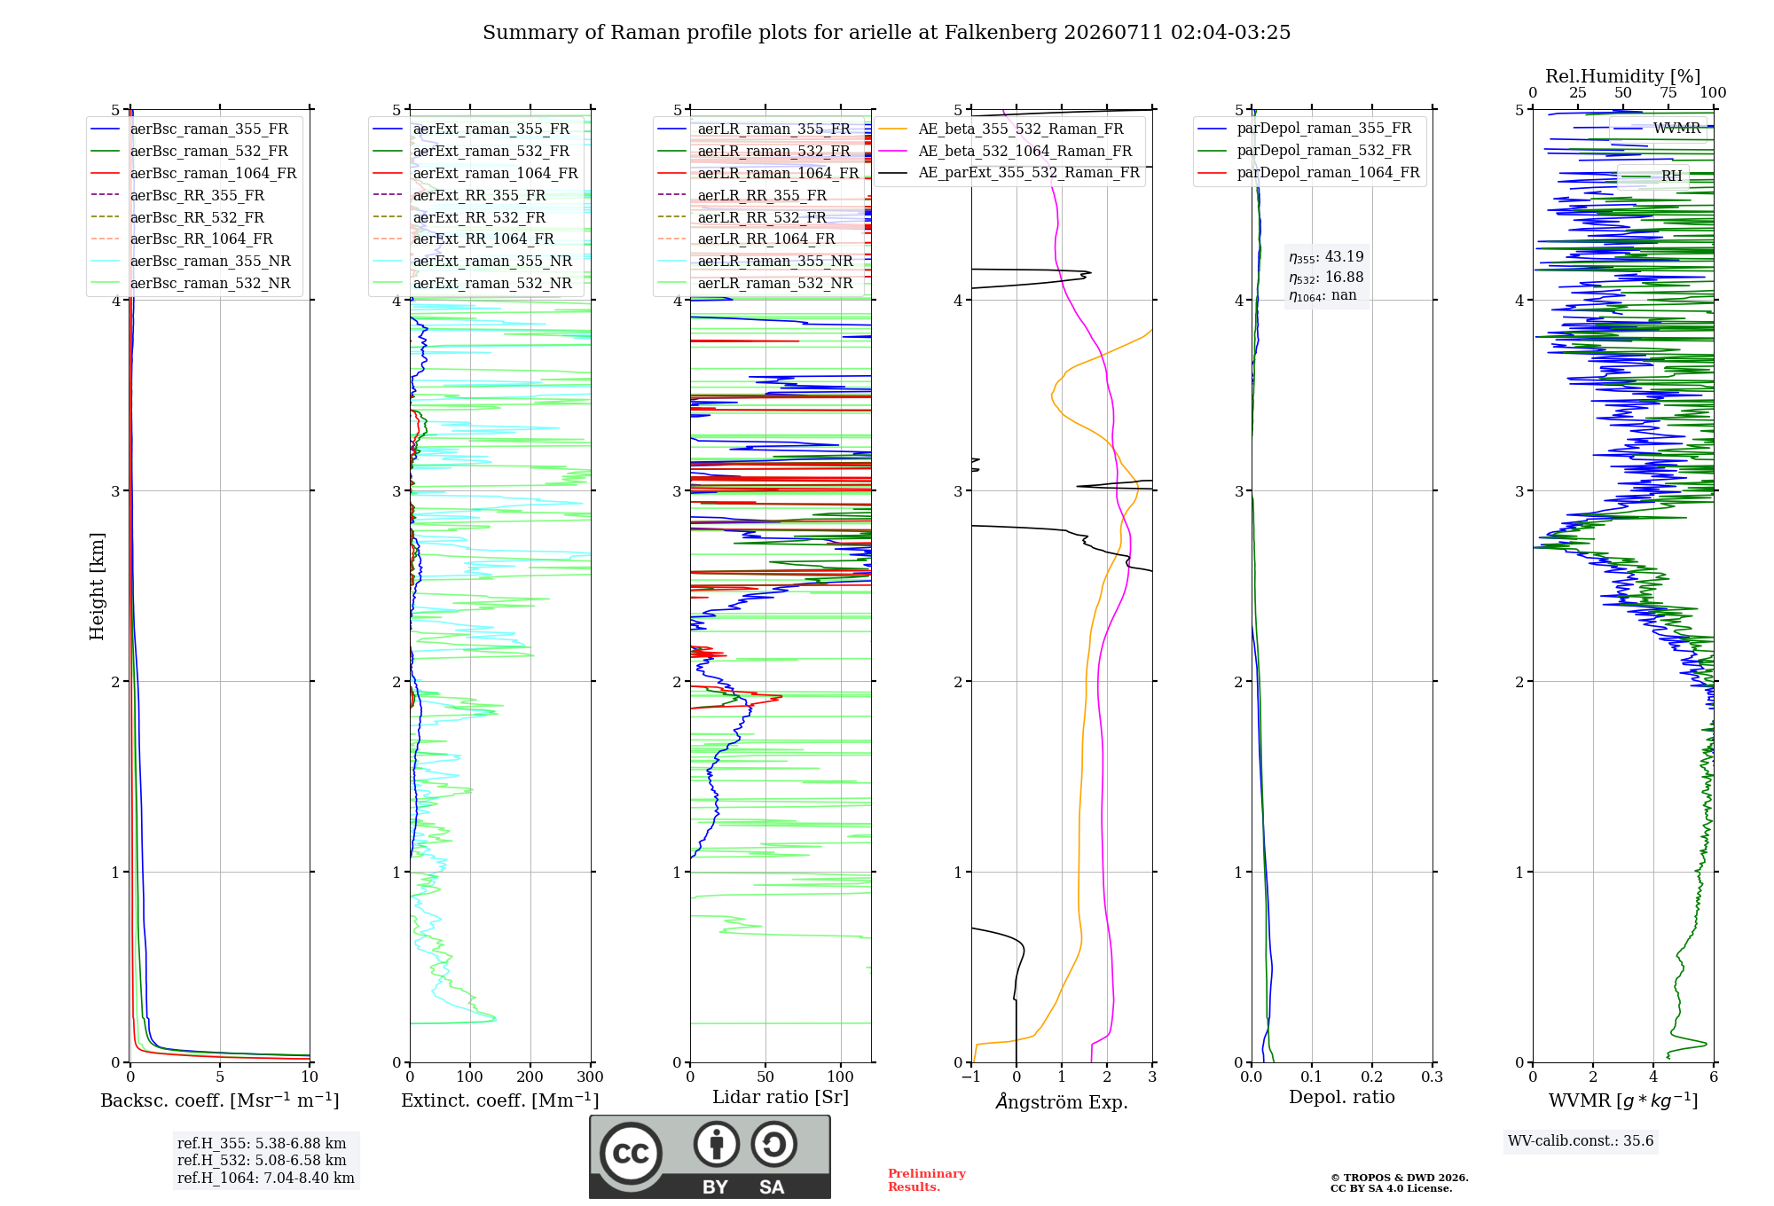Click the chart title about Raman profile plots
[886, 33]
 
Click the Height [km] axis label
[97, 586]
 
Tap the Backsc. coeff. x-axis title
[220, 1100]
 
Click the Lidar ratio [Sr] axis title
[781, 1097]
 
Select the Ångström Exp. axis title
[1062, 1101]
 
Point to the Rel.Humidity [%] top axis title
[1623, 76]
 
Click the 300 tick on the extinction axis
[590, 1077]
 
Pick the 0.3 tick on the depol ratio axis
[1433, 1077]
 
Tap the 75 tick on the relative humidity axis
[1668, 92]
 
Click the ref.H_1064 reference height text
[266, 1179]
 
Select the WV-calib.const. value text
[1582, 1141]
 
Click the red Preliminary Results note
[927, 1180]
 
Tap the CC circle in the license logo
[631, 1154]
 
